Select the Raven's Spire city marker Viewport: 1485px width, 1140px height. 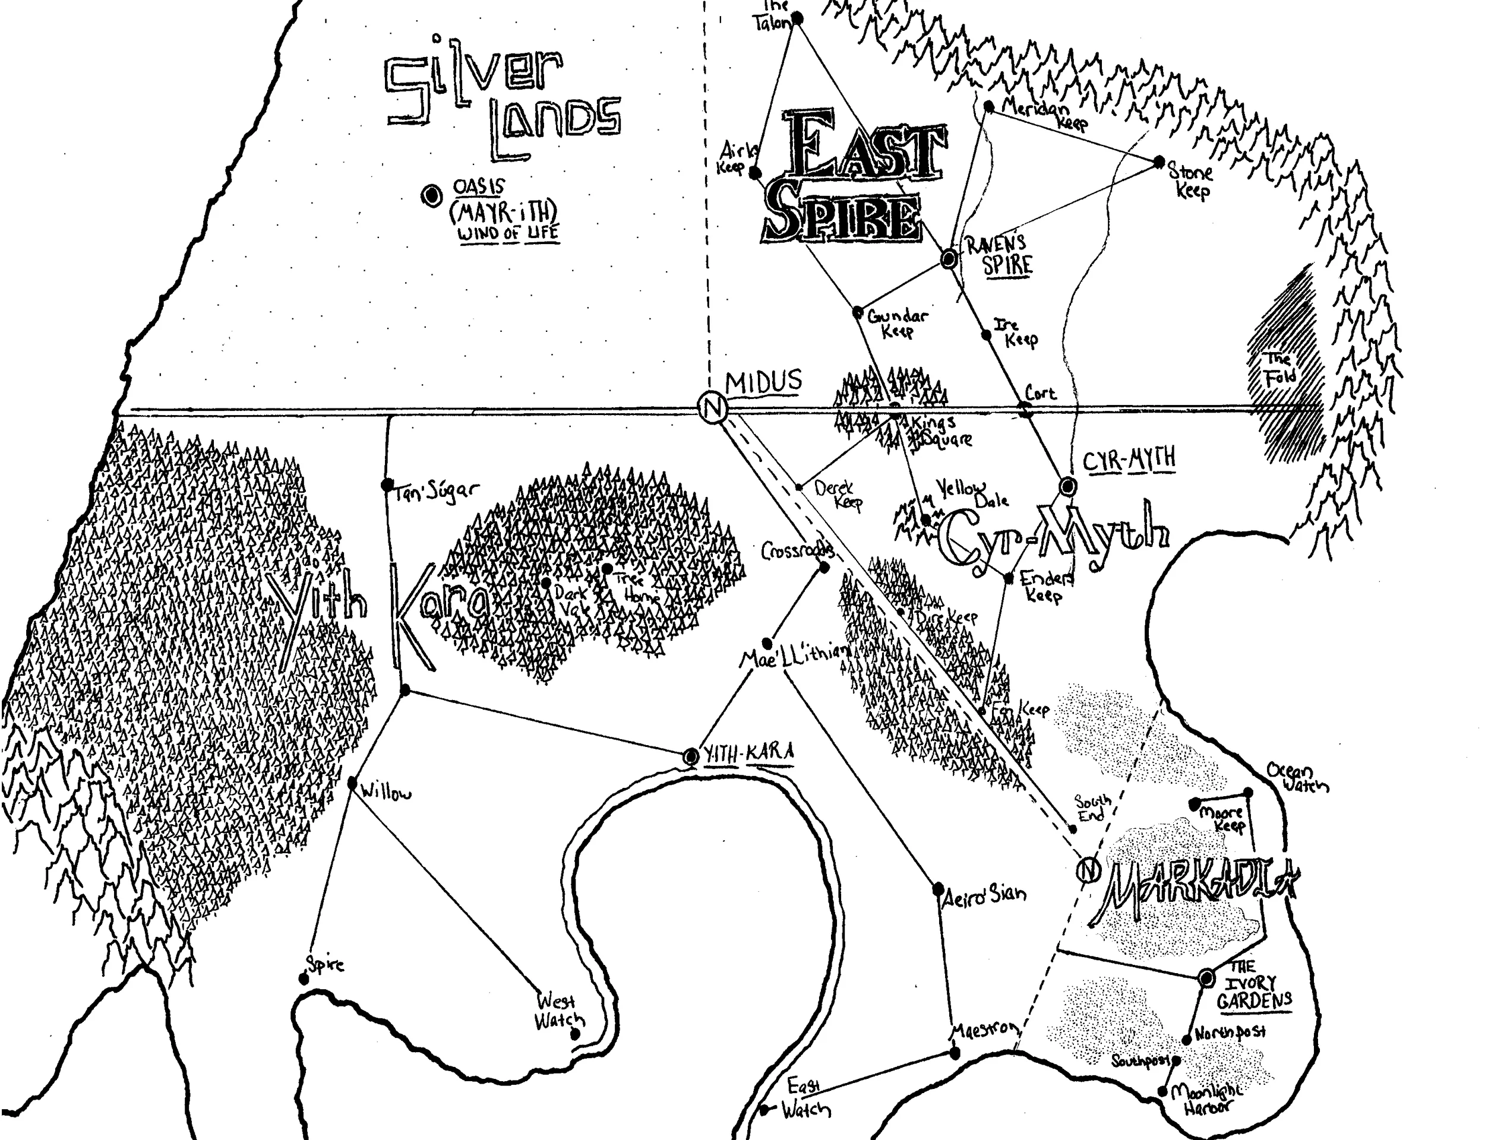pos(949,258)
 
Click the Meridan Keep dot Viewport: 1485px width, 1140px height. pos(989,106)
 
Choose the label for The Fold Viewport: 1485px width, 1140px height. pos(1279,369)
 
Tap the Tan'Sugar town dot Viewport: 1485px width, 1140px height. pos(387,484)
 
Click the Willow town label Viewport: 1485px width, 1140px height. pos(386,792)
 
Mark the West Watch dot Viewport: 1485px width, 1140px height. pos(576,1034)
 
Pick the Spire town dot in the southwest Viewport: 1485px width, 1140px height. pos(304,978)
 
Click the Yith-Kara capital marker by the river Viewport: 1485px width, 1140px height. pos(691,756)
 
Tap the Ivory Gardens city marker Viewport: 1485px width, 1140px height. pos(1206,978)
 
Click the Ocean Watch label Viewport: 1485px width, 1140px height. pos(1298,778)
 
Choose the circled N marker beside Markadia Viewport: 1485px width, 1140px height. pos(1088,870)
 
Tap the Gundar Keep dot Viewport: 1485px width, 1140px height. pos(858,313)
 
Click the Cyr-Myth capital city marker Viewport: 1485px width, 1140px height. pos(1067,486)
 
